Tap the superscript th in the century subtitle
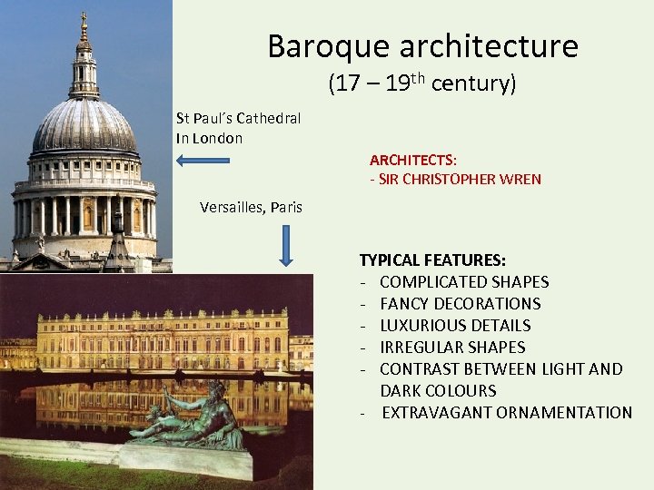[x=418, y=78]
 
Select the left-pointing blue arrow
[x=203, y=162]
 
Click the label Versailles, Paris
[x=251, y=208]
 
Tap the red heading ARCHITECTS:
[x=413, y=160]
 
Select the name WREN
[x=522, y=179]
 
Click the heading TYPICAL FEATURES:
[x=432, y=260]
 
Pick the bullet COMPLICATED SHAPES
[x=464, y=282]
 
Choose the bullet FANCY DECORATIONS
[x=460, y=304]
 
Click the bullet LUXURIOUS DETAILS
[x=455, y=326]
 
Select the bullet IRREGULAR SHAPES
[x=452, y=348]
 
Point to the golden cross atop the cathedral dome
[x=84, y=19]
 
